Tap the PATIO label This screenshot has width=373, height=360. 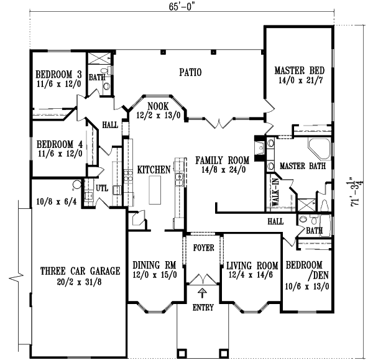pyautogui.click(x=190, y=72)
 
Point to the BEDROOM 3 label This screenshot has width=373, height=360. pyautogui.click(x=58, y=72)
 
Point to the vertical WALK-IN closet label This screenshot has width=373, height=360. pyautogui.click(x=274, y=194)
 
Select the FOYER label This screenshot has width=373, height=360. pyautogui.click(x=203, y=247)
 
